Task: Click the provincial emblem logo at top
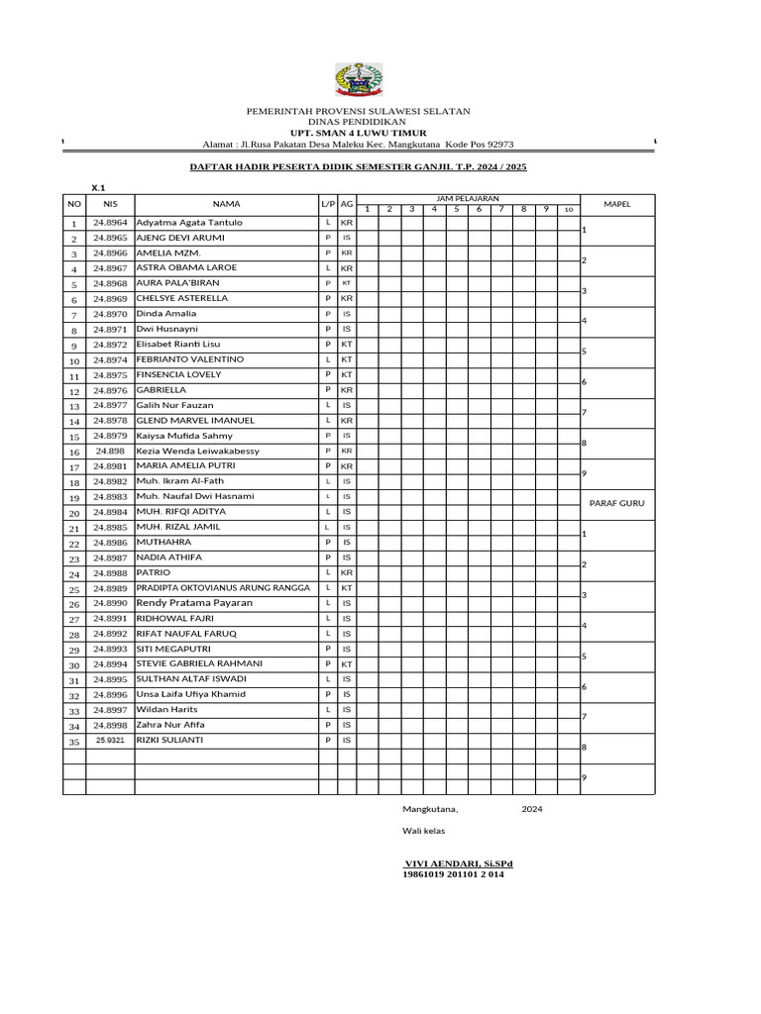coord(358,80)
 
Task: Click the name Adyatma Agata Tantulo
coord(189,223)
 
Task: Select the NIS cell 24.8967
coord(110,268)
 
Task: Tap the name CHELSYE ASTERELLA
coord(182,298)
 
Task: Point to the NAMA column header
coord(226,204)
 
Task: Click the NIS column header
coord(110,204)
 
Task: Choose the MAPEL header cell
coord(616,204)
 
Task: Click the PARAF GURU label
coord(616,503)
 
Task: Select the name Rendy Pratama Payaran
coord(194,603)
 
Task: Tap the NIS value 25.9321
coord(110,741)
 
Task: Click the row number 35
coord(73,742)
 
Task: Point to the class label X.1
coord(98,187)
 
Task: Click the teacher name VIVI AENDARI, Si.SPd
coord(457,863)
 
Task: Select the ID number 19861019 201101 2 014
coord(453,874)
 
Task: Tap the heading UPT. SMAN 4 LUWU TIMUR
coord(358,132)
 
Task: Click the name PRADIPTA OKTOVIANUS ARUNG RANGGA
coord(223,588)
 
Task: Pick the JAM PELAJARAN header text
coord(467,199)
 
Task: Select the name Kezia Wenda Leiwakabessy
coord(211,451)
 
